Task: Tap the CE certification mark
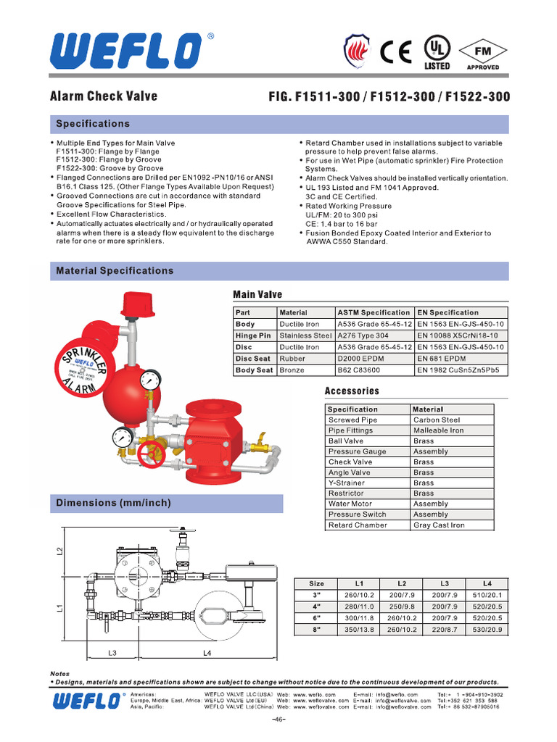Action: pyautogui.click(x=396, y=51)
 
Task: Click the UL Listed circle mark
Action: pyautogui.click(x=437, y=49)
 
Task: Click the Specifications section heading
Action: pyautogui.click(x=93, y=124)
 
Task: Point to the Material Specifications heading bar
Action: pyautogui.click(x=115, y=271)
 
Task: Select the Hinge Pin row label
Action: pyautogui.click(x=253, y=335)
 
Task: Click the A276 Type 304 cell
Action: pyautogui.click(x=363, y=335)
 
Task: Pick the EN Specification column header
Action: pyautogui.click(x=447, y=312)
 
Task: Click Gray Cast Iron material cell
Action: pyautogui.click(x=439, y=525)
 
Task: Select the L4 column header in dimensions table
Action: pyautogui.click(x=487, y=583)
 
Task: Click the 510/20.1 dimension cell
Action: pyautogui.click(x=487, y=595)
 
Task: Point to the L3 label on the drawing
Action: pyautogui.click(x=112, y=653)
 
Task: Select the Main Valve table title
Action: pyautogui.click(x=257, y=294)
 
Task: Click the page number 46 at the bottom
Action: pyautogui.click(x=279, y=719)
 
